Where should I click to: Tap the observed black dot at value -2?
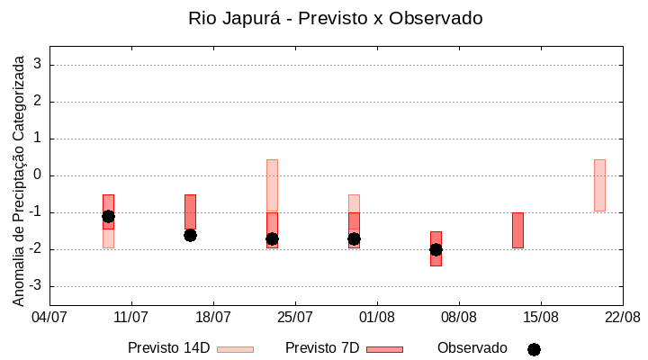pyautogui.click(x=436, y=249)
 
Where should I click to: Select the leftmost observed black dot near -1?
pyautogui.click(x=108, y=216)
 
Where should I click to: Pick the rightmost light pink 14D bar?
pyautogui.click(x=599, y=184)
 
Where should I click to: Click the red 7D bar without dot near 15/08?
pyautogui.click(x=517, y=229)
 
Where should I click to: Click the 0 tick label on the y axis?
pyautogui.click(x=38, y=175)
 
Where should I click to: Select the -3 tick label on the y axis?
pyautogui.click(x=35, y=286)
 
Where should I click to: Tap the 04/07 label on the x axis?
pyautogui.click(x=49, y=317)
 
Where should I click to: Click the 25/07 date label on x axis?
pyautogui.click(x=295, y=317)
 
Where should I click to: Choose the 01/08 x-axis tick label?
pyautogui.click(x=377, y=317)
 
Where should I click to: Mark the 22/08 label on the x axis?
pyautogui.click(x=622, y=317)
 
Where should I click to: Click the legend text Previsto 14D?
pyautogui.click(x=169, y=348)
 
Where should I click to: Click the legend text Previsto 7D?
pyautogui.click(x=322, y=348)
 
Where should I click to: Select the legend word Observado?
pyautogui.click(x=472, y=348)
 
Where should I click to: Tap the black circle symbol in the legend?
pyautogui.click(x=534, y=349)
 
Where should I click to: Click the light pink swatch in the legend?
pyautogui.click(x=235, y=349)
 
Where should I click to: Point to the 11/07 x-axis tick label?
pyautogui.click(x=131, y=317)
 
